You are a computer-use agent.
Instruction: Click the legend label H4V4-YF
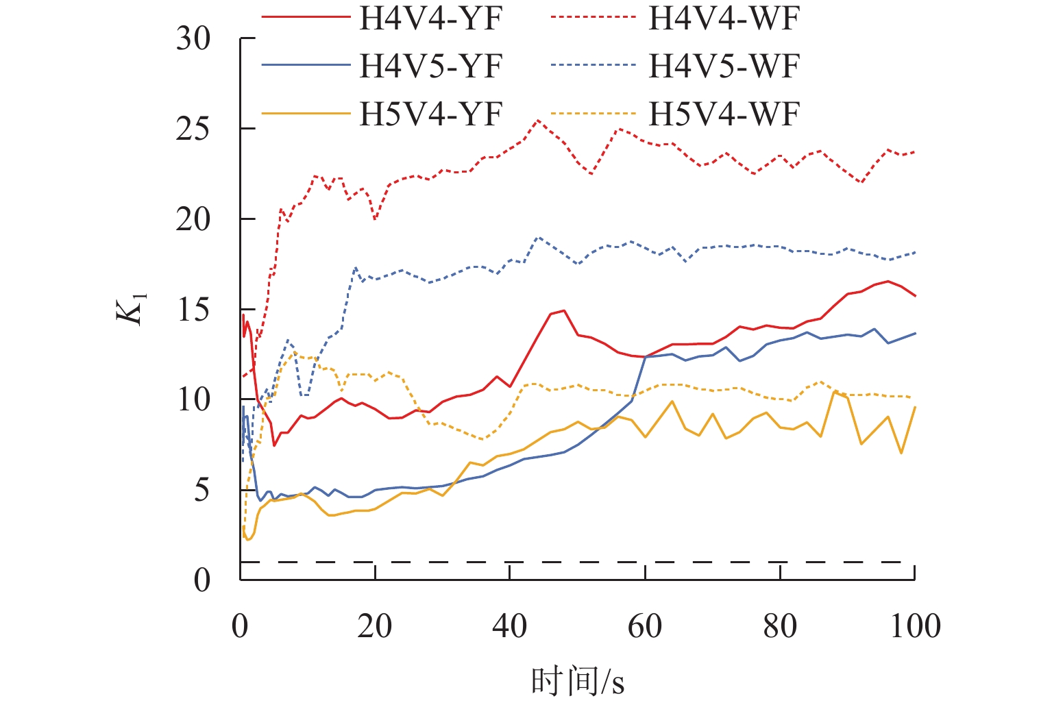pyautogui.click(x=431, y=19)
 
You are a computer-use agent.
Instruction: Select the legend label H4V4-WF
pyautogui.click(x=724, y=19)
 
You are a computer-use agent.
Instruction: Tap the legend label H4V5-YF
pyautogui.click(x=431, y=66)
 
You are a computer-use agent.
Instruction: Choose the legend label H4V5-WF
pyautogui.click(x=724, y=66)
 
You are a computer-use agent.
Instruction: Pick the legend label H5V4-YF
pyautogui.click(x=431, y=114)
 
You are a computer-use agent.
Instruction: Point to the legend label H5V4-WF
pyautogui.click(x=724, y=114)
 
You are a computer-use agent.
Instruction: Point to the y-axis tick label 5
pyautogui.click(x=201, y=490)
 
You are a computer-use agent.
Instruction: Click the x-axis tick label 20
pyautogui.click(x=375, y=626)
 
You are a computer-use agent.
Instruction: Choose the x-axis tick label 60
pyautogui.click(x=645, y=626)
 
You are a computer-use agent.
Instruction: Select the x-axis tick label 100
pyautogui.click(x=915, y=626)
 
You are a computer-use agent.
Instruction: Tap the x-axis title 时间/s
pyautogui.click(x=577, y=681)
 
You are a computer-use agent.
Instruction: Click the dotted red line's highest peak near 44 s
pyautogui.click(x=538, y=121)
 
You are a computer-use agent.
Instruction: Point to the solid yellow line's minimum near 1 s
pyautogui.click(x=248, y=540)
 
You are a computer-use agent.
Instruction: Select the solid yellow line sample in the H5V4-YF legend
pyautogui.click(x=305, y=114)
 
